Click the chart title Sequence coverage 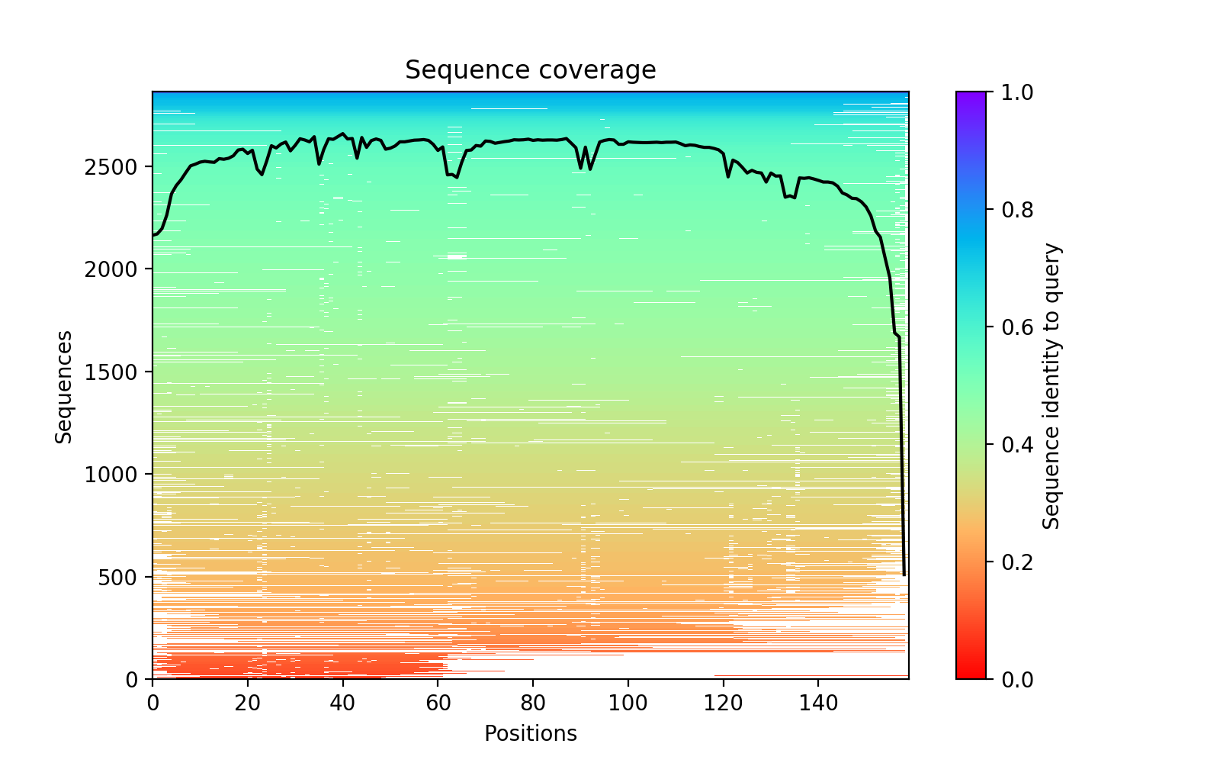click(530, 70)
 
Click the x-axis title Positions click(530, 734)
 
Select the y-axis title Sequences click(64, 386)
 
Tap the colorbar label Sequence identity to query click(1051, 386)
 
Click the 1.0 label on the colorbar click(1013, 92)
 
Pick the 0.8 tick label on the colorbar click(1013, 210)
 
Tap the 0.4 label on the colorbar click(1013, 445)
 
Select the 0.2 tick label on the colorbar click(1013, 562)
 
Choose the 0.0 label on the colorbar click(1013, 679)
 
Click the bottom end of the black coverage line click(904, 575)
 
